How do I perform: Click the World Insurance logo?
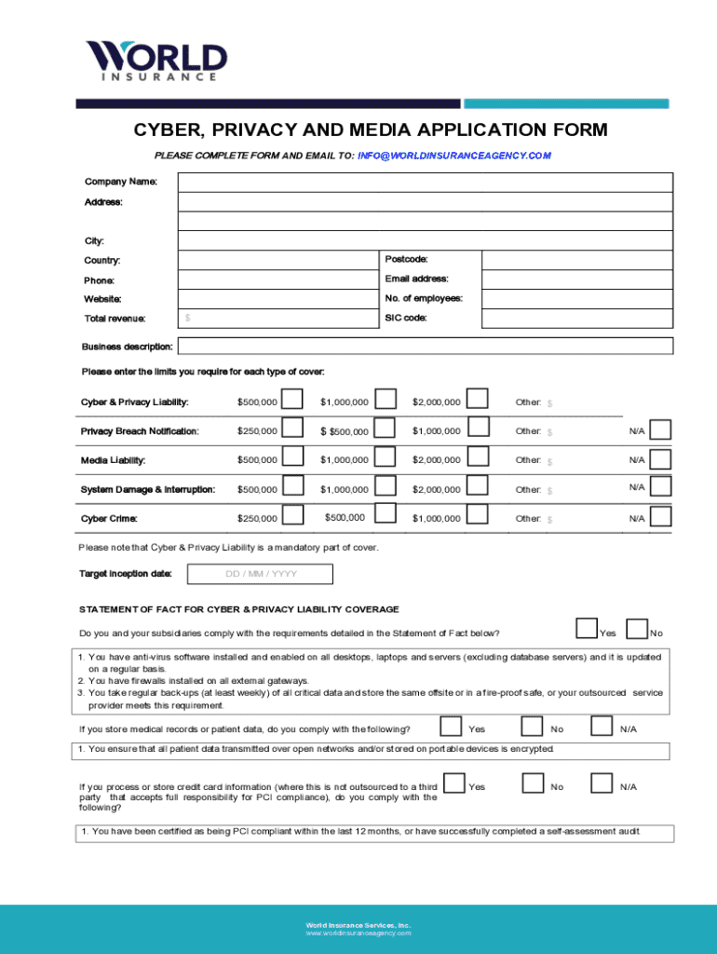pyautogui.click(x=156, y=60)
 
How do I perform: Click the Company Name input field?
pyautogui.click(x=426, y=181)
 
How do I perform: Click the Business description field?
pyautogui.click(x=426, y=347)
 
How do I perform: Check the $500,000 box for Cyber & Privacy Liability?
pyautogui.click(x=292, y=400)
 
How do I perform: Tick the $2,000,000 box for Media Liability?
pyautogui.click(x=477, y=457)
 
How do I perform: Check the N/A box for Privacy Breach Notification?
pyautogui.click(x=660, y=429)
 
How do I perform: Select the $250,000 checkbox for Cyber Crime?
pyautogui.click(x=292, y=515)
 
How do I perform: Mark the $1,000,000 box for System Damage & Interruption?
pyautogui.click(x=385, y=486)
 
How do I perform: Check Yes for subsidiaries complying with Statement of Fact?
pyautogui.click(x=587, y=630)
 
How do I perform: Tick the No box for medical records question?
pyautogui.click(x=533, y=726)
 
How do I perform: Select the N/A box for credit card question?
pyautogui.click(x=602, y=784)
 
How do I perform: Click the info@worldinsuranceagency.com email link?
pyautogui.click(x=454, y=156)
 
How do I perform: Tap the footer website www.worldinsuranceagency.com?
pyautogui.click(x=358, y=933)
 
